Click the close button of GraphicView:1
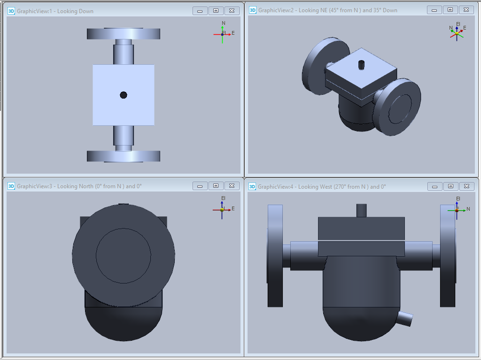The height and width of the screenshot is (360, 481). tap(232, 11)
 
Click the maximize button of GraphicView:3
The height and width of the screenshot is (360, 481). tap(216, 186)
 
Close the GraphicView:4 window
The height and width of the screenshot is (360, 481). tap(466, 186)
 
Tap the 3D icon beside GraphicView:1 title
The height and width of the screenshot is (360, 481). tap(11, 11)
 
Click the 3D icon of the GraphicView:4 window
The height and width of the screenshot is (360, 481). tap(252, 186)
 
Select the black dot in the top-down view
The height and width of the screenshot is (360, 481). tap(124, 95)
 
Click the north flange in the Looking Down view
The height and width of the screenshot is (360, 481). tap(124, 33)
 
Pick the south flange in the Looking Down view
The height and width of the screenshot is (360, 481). tap(124, 156)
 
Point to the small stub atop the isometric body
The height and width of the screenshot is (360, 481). tap(361, 65)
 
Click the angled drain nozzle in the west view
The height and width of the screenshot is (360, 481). tap(405, 318)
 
